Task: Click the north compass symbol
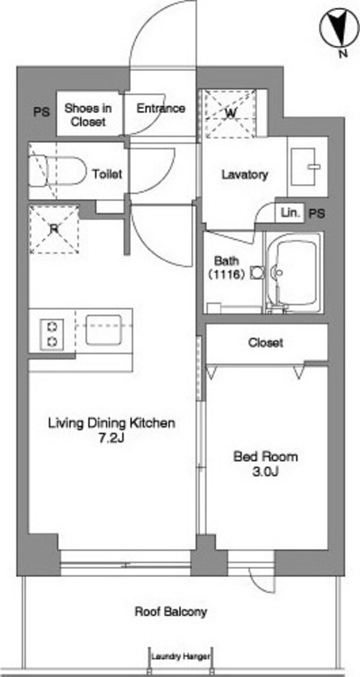339,29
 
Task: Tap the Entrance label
161,109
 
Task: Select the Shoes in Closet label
88,115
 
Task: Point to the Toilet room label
107,174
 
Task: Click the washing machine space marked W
231,113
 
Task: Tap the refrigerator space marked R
53,230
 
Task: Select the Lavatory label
245,175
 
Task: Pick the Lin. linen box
289,213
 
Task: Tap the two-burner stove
52,334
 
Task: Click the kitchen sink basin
103,329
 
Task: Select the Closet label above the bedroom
266,343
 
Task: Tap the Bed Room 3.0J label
265,464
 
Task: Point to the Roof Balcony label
171,612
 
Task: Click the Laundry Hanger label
181,657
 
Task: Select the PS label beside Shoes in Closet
41,112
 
